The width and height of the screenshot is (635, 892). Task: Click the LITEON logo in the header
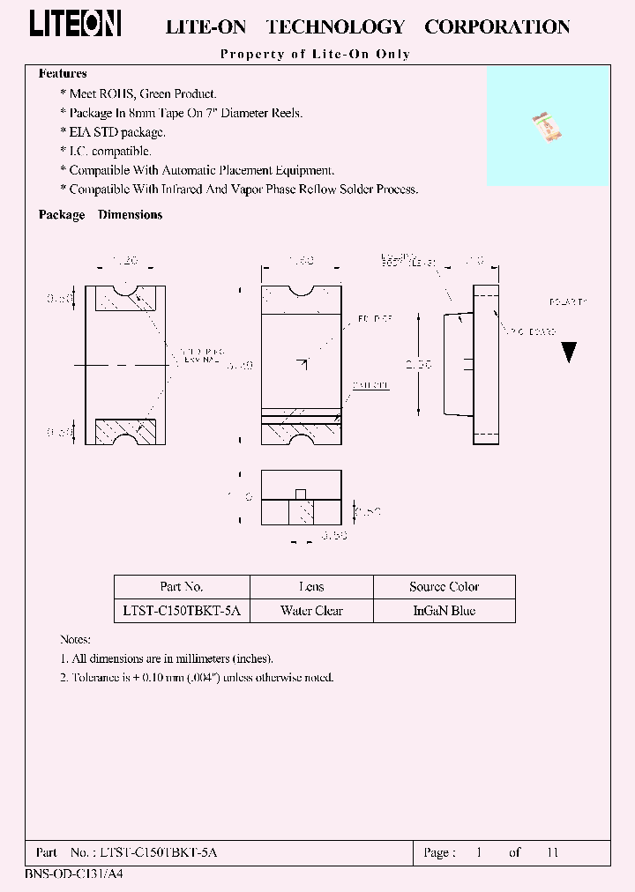click(x=75, y=24)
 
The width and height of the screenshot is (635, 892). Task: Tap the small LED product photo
click(x=547, y=128)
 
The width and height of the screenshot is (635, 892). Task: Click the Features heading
click(x=63, y=74)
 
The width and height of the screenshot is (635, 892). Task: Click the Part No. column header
click(x=182, y=587)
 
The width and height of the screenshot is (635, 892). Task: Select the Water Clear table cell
click(x=311, y=611)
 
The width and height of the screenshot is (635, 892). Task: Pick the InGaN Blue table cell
click(x=444, y=611)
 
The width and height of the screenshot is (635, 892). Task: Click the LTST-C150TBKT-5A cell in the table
click(x=182, y=611)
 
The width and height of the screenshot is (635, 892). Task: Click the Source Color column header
click(x=444, y=587)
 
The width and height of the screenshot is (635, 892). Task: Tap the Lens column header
click(x=311, y=587)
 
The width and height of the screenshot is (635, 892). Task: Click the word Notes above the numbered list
click(x=75, y=640)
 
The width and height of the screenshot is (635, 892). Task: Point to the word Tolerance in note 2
click(x=94, y=678)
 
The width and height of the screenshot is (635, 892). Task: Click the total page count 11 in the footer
click(x=553, y=852)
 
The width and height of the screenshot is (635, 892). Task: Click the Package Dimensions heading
click(x=101, y=215)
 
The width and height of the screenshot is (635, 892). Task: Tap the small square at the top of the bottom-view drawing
click(x=301, y=494)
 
